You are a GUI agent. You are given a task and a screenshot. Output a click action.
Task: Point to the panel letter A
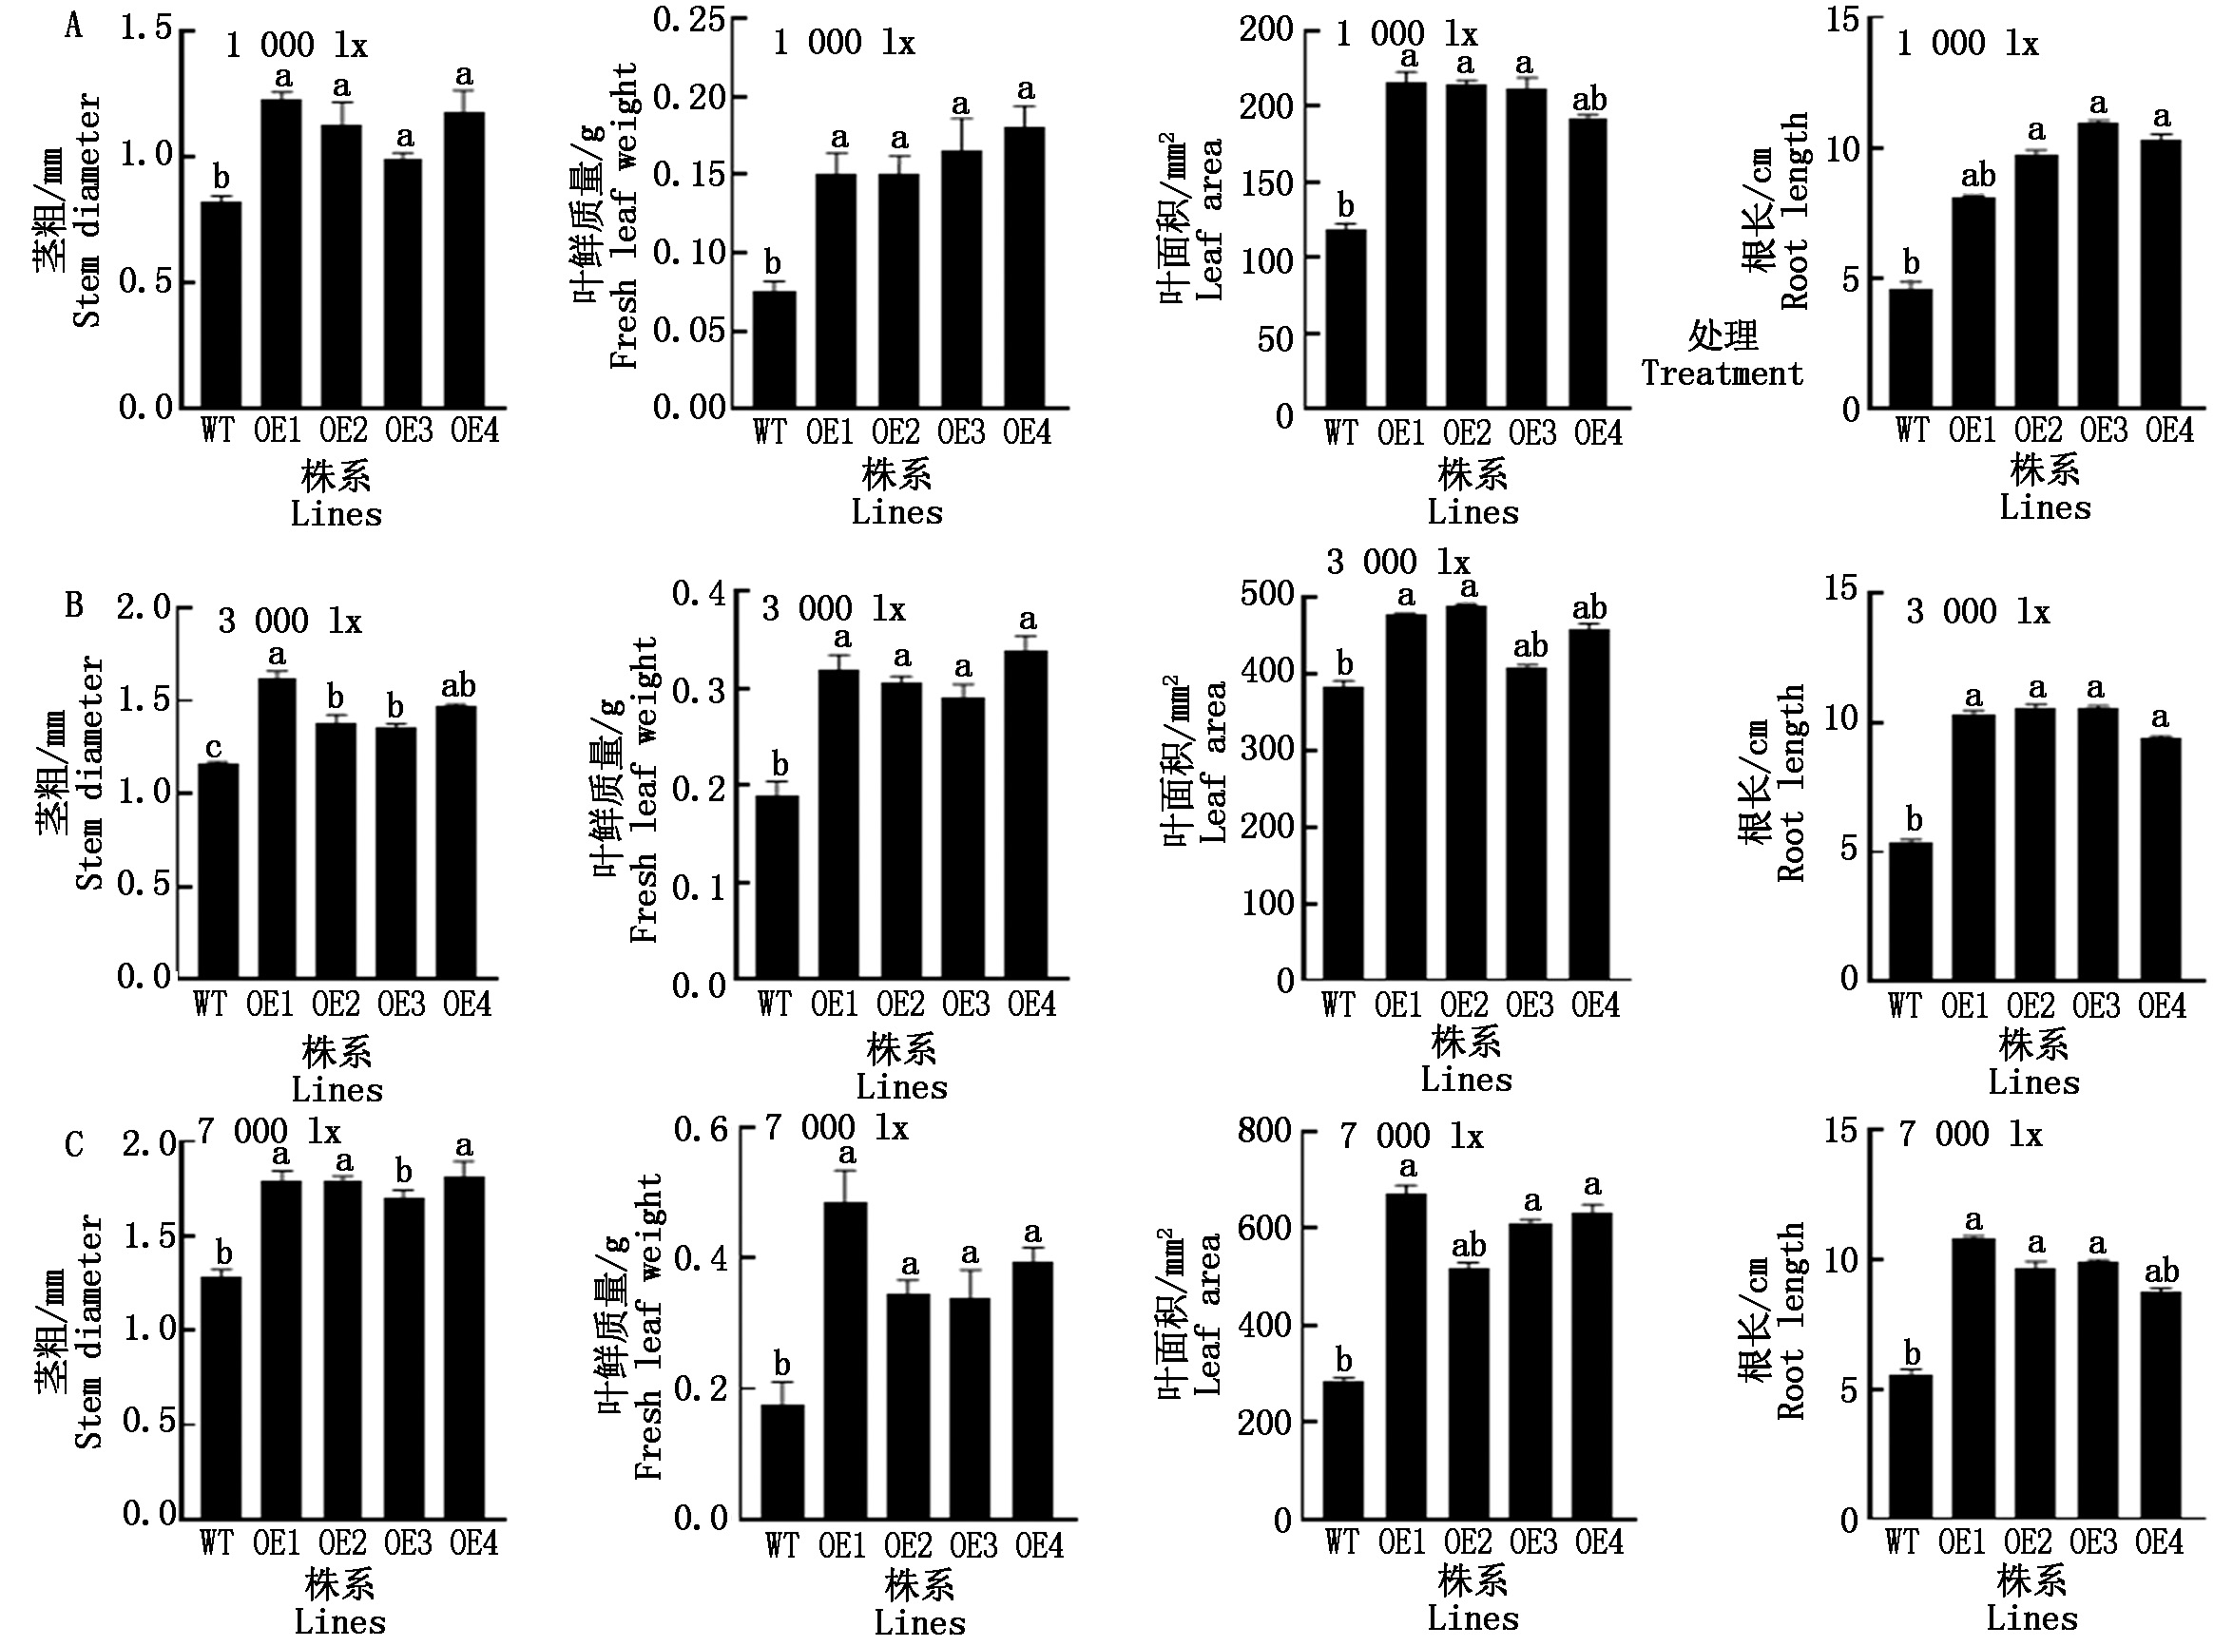pyautogui.click(x=74, y=26)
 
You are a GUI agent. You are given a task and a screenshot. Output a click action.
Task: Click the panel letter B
pyautogui.click(x=74, y=604)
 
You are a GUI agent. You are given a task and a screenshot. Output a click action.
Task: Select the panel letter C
pyautogui.click(x=74, y=1144)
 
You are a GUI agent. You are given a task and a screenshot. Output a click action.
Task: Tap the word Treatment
pyautogui.click(x=1722, y=373)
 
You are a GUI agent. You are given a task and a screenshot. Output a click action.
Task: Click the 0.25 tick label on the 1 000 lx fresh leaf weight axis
pyautogui.click(x=688, y=19)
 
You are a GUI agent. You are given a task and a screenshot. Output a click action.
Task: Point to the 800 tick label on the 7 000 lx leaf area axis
pyautogui.click(x=1264, y=1130)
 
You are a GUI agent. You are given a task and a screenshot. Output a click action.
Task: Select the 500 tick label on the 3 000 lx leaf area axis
pyautogui.click(x=1266, y=594)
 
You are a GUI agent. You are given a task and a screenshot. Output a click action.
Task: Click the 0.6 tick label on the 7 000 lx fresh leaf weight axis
pyautogui.click(x=701, y=1129)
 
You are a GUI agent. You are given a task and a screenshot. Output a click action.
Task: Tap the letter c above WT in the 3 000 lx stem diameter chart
pyautogui.click(x=213, y=747)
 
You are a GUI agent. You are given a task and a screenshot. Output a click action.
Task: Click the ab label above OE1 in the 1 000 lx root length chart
pyautogui.click(x=1978, y=176)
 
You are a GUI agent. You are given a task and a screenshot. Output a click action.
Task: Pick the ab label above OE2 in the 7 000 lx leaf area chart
pyautogui.click(x=1469, y=1246)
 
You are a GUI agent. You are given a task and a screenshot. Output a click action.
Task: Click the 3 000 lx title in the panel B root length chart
pyautogui.click(x=1977, y=611)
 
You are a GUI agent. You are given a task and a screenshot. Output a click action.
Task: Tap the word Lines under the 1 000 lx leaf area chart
pyautogui.click(x=1473, y=512)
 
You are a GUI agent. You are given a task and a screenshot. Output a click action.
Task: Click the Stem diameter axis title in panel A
pyautogui.click(x=87, y=210)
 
